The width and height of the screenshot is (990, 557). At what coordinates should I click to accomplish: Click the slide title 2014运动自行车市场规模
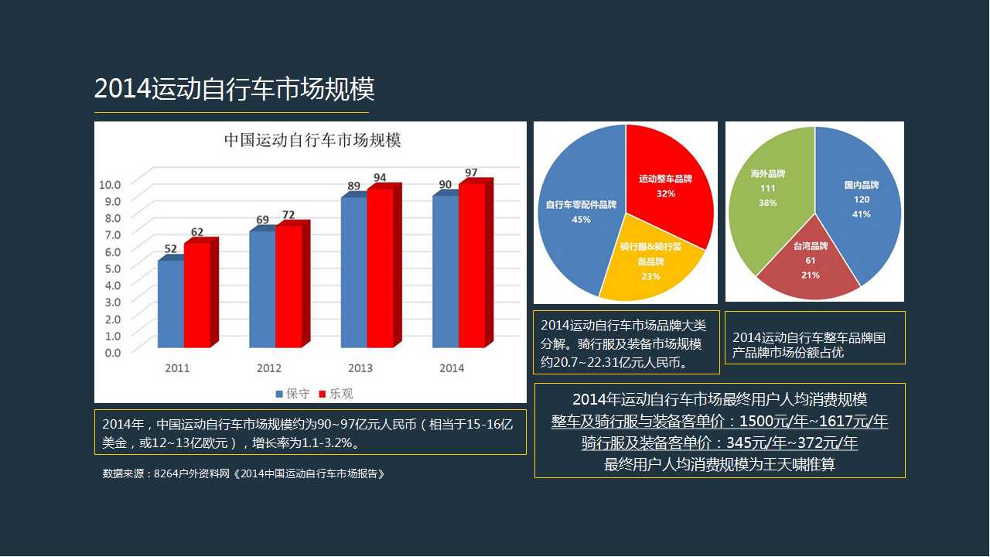(x=234, y=90)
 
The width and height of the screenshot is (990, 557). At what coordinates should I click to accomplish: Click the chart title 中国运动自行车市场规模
(x=312, y=141)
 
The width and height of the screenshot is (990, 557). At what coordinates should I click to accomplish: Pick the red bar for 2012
(x=288, y=286)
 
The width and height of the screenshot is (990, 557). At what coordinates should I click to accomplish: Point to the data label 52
(x=171, y=249)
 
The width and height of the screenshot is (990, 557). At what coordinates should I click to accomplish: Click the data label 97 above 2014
(x=471, y=173)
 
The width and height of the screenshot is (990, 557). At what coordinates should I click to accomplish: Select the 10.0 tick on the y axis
(x=110, y=184)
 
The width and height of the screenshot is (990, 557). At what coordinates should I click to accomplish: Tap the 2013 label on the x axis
(x=360, y=368)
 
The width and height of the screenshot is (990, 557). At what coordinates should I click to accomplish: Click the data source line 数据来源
(x=244, y=473)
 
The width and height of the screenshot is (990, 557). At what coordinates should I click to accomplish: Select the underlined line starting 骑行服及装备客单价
(x=719, y=443)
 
